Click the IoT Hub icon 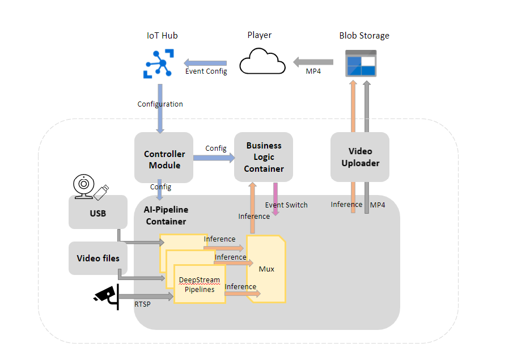(x=162, y=63)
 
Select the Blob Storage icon (x=361, y=62)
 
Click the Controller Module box (x=164, y=159)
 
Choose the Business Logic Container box (x=264, y=157)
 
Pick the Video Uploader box (x=360, y=157)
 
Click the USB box (x=98, y=213)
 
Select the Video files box (x=98, y=258)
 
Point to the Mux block (x=266, y=269)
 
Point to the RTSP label (x=142, y=304)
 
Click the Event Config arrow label (x=206, y=71)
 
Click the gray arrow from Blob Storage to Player (x=313, y=61)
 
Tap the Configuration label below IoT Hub (x=160, y=104)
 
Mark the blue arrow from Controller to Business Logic (x=214, y=158)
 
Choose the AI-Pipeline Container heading (x=166, y=215)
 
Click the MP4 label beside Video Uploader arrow (x=378, y=205)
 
